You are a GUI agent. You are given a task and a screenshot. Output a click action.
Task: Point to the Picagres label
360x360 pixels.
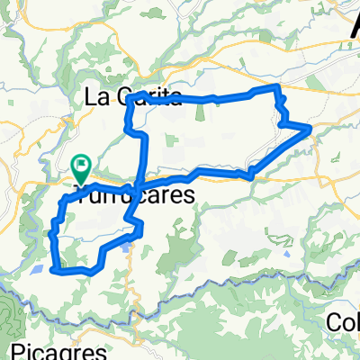(x=49, y=348)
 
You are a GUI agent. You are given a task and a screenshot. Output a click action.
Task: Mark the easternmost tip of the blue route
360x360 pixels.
(x=311, y=129)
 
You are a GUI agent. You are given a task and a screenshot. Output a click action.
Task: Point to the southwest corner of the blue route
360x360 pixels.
(x=56, y=268)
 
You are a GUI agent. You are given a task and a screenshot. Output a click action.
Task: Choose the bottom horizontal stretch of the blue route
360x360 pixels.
(x=76, y=269)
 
